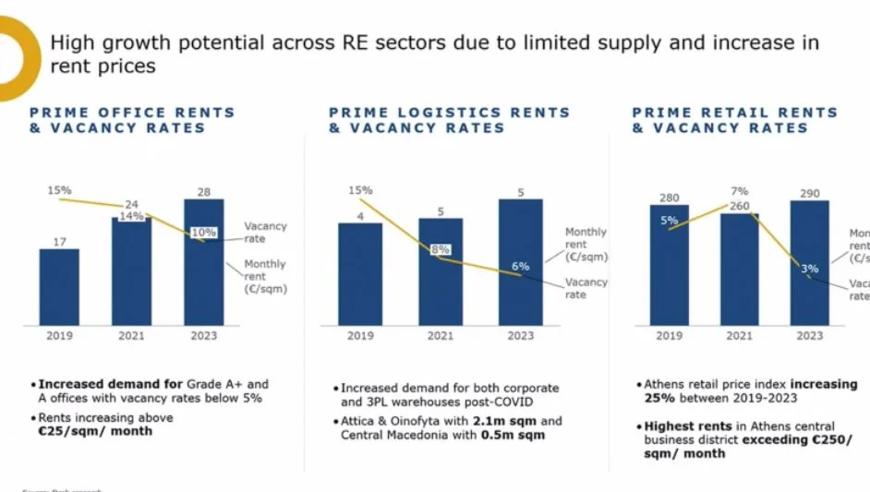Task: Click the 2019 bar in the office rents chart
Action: tap(59, 286)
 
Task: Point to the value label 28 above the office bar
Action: tap(204, 191)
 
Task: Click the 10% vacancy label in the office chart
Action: tap(204, 232)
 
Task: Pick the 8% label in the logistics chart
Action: tap(440, 249)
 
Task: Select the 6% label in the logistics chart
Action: tap(521, 266)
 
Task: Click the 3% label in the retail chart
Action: tap(809, 269)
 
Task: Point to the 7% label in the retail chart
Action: tap(739, 191)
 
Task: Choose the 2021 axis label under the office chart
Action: tap(131, 336)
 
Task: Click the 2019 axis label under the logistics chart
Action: tap(360, 336)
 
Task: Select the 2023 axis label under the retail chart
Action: tap(809, 336)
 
